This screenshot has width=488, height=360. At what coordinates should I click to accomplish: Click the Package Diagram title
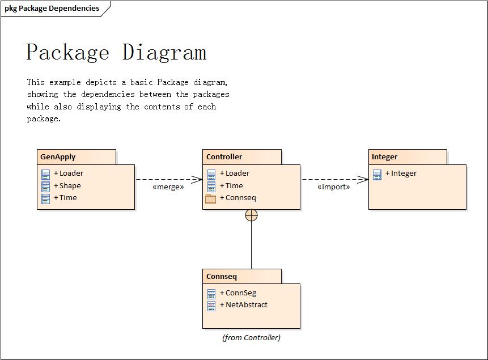pyautogui.click(x=116, y=52)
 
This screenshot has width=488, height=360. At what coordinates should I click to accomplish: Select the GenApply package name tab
pyautogui.click(x=58, y=157)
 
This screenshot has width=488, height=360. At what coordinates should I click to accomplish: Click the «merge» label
pyautogui.click(x=168, y=187)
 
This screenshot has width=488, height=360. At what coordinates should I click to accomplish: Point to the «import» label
pyautogui.click(x=334, y=187)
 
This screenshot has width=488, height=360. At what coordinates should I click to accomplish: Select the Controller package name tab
pyautogui.click(x=224, y=157)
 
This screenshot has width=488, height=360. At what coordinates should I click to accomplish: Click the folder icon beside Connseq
pyautogui.click(x=211, y=198)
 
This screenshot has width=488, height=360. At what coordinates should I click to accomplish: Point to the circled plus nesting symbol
pyautogui.click(x=251, y=215)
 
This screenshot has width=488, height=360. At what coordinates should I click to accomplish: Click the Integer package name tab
pyautogui.click(x=384, y=157)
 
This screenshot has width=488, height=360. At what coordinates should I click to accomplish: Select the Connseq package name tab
pyautogui.click(x=222, y=277)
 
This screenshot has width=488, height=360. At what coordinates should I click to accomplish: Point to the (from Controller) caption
pyautogui.click(x=251, y=338)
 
